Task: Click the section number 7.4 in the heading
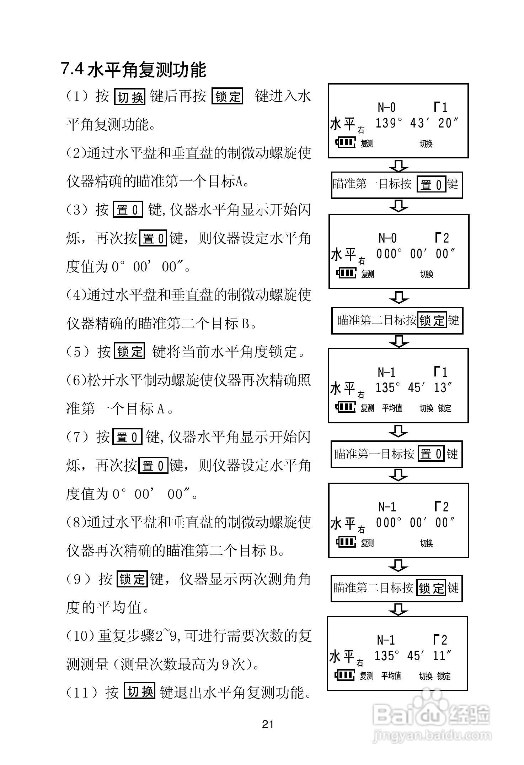[72, 69]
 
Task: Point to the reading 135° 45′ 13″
[413, 387]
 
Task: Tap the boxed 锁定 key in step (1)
[228, 96]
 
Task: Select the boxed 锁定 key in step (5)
[130, 351]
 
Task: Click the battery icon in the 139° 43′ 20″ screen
[345, 143]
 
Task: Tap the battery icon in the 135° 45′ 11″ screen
[344, 675]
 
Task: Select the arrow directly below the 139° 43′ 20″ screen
[399, 166]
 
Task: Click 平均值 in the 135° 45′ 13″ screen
[392, 408]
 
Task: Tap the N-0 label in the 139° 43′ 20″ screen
[386, 107]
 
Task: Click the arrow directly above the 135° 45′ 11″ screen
[398, 609]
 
